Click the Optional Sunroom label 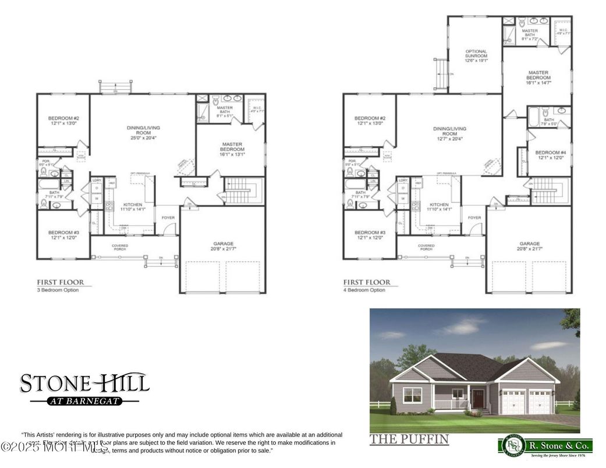476,56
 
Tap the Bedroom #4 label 547,154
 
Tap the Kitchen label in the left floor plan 133,207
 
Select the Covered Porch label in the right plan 426,247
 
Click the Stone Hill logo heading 85,382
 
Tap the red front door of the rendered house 479,400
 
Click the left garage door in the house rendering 515,402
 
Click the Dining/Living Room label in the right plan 449,133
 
